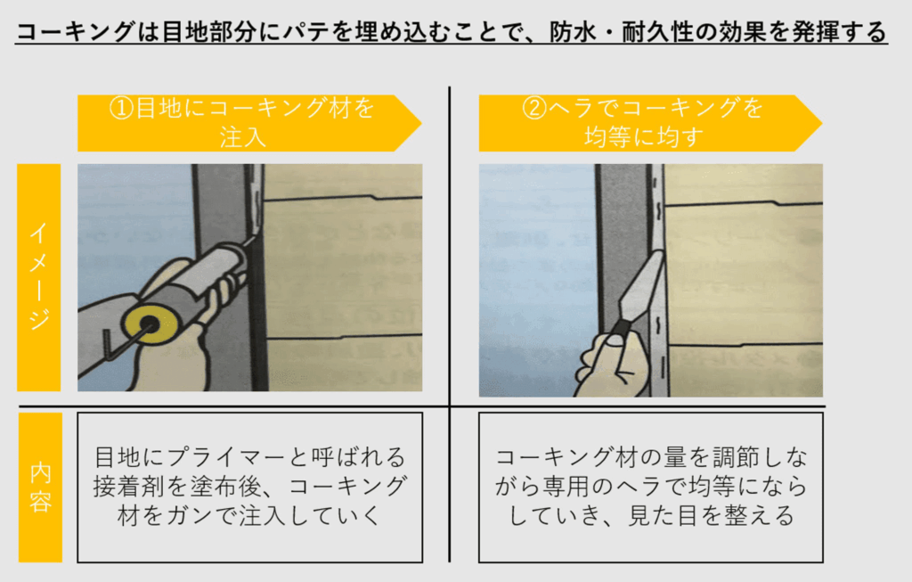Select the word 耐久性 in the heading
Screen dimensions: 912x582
point(657,31)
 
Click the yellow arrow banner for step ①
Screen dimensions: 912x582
point(249,123)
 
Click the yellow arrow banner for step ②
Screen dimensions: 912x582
point(650,123)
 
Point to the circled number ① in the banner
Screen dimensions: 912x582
point(121,109)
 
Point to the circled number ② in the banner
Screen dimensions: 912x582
point(534,109)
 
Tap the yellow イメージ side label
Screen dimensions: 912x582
point(39,277)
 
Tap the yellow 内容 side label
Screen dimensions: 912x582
point(40,488)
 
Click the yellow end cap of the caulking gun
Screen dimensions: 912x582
point(150,324)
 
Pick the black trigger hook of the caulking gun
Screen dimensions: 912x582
point(108,344)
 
